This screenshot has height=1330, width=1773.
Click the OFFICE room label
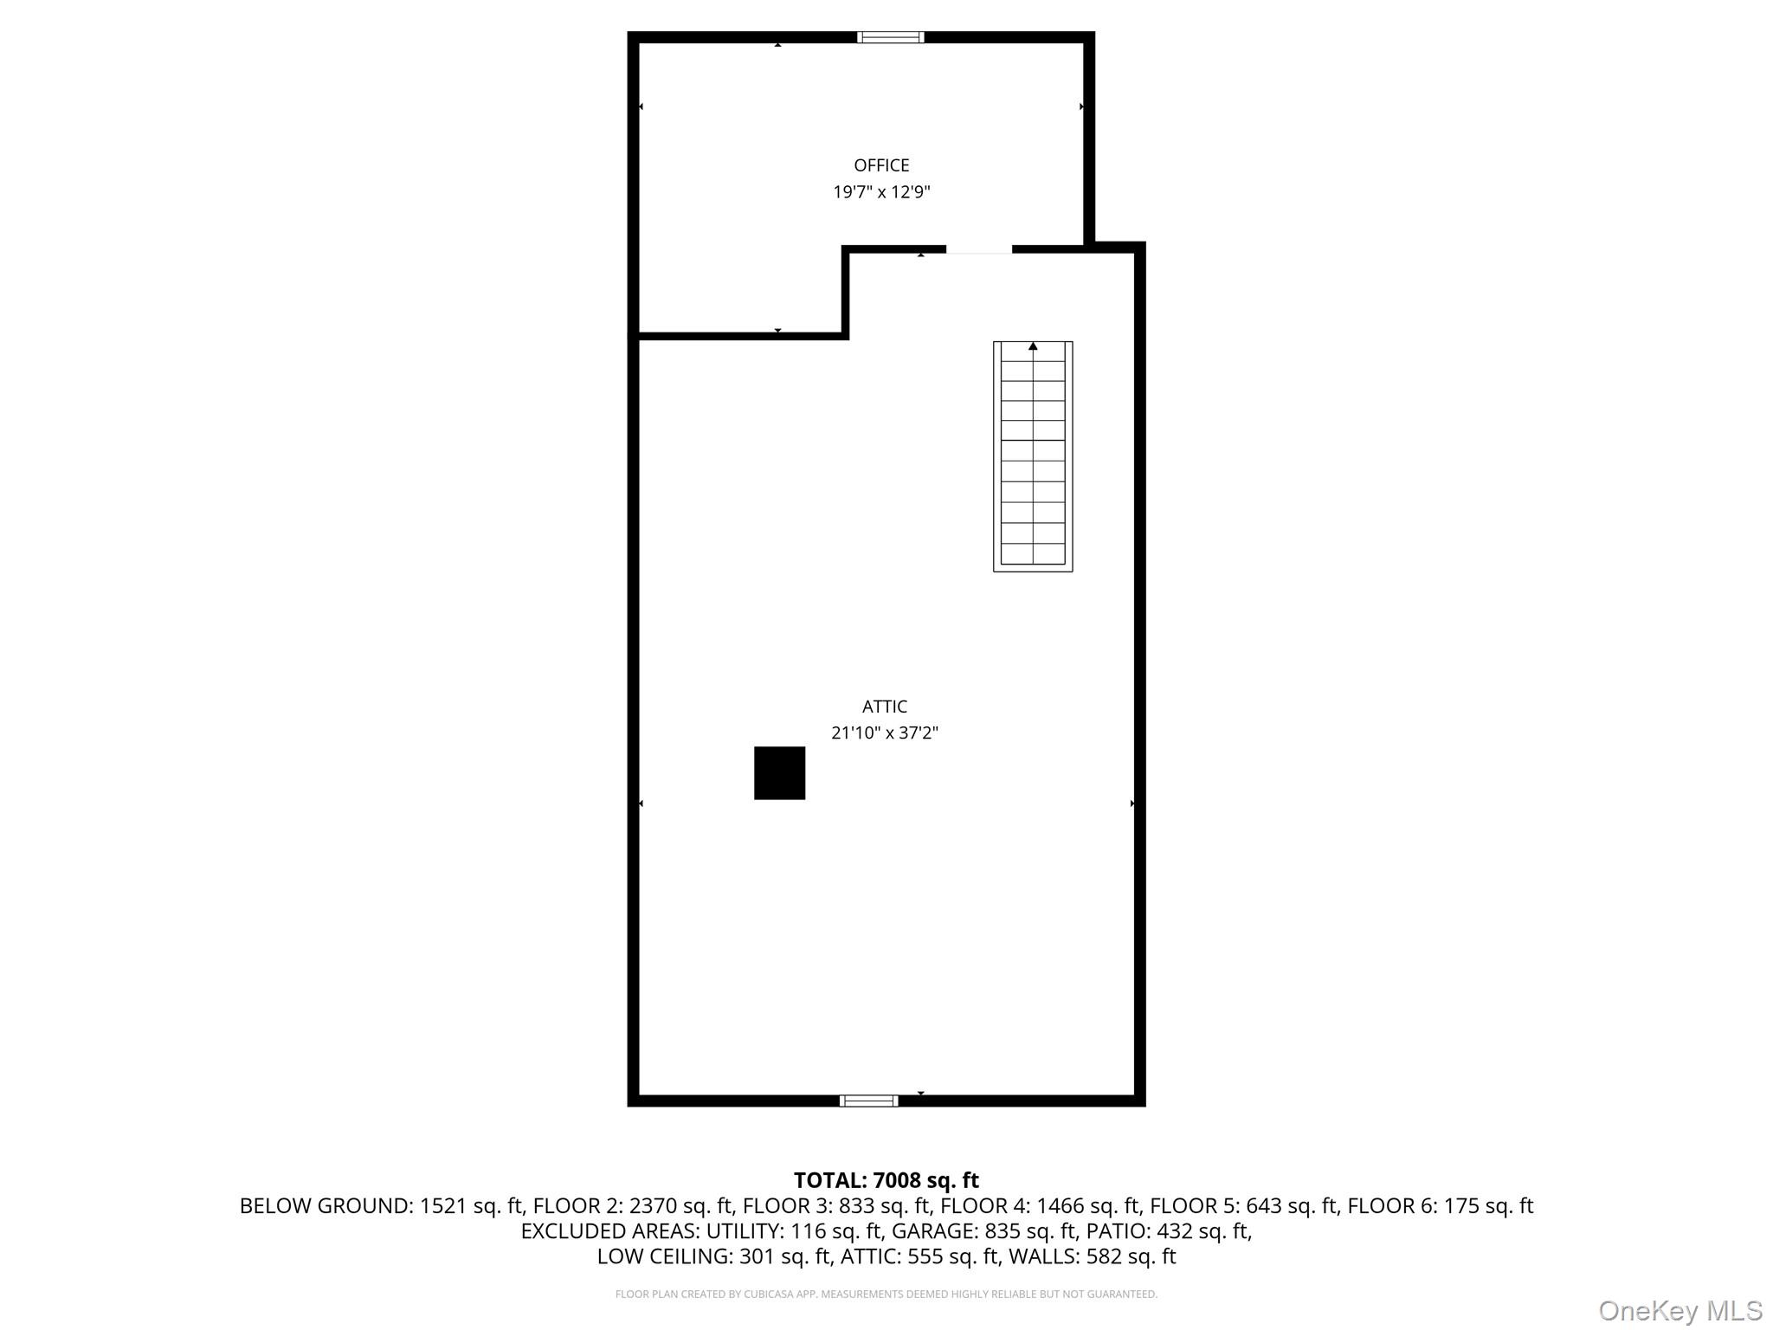(x=881, y=165)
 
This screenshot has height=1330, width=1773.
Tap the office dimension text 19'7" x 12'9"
(x=881, y=192)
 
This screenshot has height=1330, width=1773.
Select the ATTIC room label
(x=884, y=707)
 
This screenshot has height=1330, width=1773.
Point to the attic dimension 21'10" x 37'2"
(x=884, y=733)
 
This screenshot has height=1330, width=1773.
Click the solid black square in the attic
(x=779, y=772)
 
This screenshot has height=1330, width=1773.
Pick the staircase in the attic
(x=1032, y=456)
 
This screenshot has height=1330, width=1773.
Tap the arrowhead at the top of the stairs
(x=1033, y=346)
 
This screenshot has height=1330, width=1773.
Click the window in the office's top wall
(x=890, y=37)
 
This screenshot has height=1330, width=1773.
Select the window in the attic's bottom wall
(x=868, y=1101)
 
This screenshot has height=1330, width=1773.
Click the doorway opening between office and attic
(x=978, y=250)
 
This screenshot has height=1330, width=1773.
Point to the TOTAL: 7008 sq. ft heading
(x=886, y=1180)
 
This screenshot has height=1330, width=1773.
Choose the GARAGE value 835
(x=1001, y=1231)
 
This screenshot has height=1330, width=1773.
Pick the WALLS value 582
(x=1104, y=1256)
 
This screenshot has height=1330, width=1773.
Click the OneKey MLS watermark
(x=1680, y=1311)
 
